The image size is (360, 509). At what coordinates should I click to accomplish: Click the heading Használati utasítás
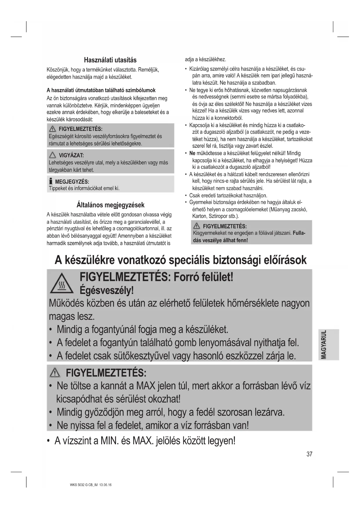point(110,60)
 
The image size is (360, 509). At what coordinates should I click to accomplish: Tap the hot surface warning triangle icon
point(61,284)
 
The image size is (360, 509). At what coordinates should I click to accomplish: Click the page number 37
point(309,454)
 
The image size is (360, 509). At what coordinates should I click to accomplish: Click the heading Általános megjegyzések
point(110,205)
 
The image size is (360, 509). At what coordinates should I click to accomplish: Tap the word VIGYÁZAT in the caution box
point(71,156)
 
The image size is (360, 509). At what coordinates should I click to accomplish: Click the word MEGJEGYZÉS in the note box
point(72,182)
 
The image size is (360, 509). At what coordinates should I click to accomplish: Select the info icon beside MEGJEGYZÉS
point(51,181)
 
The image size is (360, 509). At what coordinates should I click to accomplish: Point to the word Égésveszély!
point(107,290)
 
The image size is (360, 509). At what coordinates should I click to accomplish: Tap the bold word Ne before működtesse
point(192,153)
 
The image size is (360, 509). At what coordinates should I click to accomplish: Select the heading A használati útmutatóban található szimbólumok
point(101,90)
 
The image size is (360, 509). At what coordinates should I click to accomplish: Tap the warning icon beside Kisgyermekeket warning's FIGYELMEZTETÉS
point(197,226)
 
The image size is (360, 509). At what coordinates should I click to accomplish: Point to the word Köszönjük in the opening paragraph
point(57,70)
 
